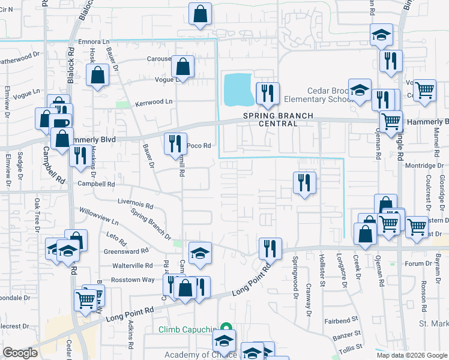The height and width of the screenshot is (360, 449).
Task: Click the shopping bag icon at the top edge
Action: tap(200, 14)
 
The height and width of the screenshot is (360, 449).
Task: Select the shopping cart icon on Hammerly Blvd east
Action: tap(391, 121)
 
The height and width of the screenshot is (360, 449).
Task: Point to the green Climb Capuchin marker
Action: tap(226, 329)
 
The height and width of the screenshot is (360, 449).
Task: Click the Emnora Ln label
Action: tap(95, 42)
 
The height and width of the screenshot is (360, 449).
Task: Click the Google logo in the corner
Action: tap(20, 353)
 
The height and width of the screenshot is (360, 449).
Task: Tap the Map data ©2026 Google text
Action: tap(412, 355)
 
